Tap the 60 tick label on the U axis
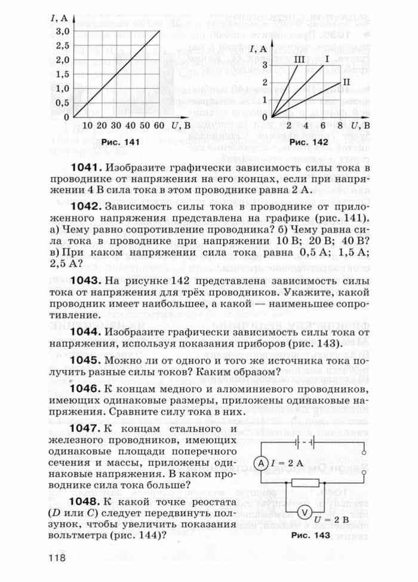coord(158,127)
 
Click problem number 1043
coord(88,281)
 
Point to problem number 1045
coord(88,362)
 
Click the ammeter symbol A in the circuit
coord(260,463)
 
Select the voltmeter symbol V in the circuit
coord(303,512)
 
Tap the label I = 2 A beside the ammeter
coord(287,463)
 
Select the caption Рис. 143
coord(311,535)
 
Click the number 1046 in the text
coord(88,389)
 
